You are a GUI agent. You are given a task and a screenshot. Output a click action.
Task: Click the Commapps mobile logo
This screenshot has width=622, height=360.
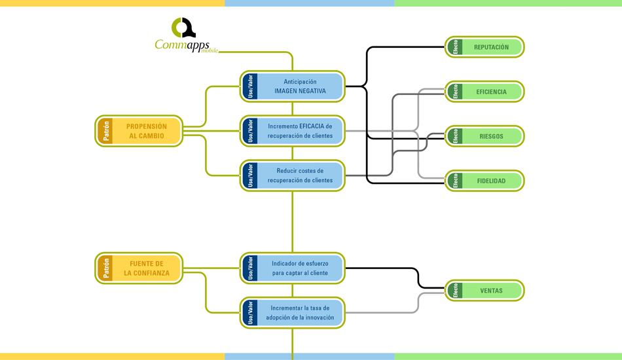coord(185,37)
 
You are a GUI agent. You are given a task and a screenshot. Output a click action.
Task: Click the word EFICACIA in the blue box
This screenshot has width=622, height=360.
coord(311,126)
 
